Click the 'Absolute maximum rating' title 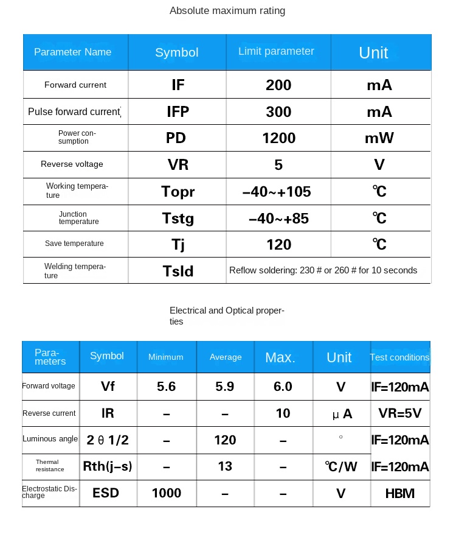coord(227,10)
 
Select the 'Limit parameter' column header coord(276,51)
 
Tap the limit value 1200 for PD coord(278,138)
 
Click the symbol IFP coord(178,111)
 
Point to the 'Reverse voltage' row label coord(72,164)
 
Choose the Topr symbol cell coord(178,192)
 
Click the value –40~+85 coord(278,218)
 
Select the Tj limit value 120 coord(278,245)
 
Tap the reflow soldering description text coord(323,270)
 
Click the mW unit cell coord(379,138)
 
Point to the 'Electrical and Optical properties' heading coord(227,315)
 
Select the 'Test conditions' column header coord(399,357)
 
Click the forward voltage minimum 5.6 coord(166,387)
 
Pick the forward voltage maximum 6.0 coord(283,387)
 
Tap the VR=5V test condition coord(399,413)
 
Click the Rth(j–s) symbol coord(107,467)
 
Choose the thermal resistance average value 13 coord(225,466)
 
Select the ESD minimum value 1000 coord(166,493)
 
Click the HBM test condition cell coord(399,493)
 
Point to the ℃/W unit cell coord(340,467)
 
